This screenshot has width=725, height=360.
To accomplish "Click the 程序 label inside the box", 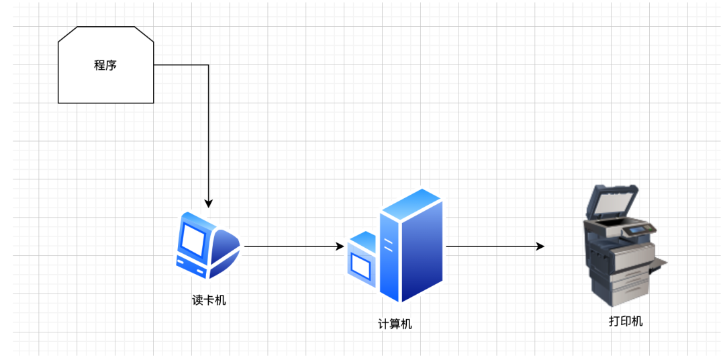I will click(105, 65).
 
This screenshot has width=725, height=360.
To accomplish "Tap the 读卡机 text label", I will click(209, 300).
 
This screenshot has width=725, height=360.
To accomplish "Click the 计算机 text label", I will click(395, 324).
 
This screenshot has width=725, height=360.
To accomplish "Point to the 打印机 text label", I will click(626, 321).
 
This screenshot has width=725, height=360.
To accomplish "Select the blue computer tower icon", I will click(409, 245).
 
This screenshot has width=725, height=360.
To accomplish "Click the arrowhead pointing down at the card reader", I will click(209, 203).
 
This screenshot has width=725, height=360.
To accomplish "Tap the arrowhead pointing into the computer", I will click(340, 246).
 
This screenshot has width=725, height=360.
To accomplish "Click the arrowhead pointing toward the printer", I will click(540, 246).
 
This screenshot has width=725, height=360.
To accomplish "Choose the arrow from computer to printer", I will click(493, 246).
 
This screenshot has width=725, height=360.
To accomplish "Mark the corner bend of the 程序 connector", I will click(209, 65).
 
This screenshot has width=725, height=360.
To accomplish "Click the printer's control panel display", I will click(634, 231).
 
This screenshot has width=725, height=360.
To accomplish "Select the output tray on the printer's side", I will click(659, 263).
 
